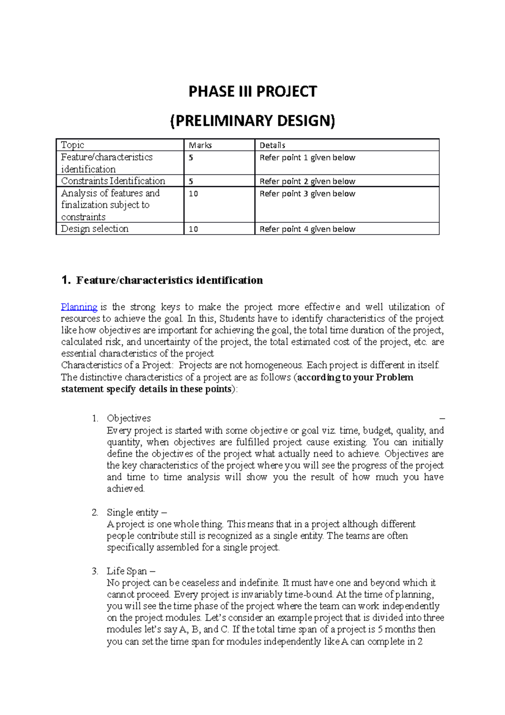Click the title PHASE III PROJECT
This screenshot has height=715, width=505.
(x=252, y=91)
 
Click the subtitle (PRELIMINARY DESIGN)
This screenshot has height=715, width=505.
(x=252, y=121)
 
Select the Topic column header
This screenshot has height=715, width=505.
(x=72, y=145)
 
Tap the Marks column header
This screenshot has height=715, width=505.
(x=200, y=145)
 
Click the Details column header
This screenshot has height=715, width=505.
(x=272, y=145)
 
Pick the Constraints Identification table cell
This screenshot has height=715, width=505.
(x=113, y=181)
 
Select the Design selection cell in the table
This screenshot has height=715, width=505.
(x=95, y=229)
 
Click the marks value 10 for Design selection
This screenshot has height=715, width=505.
(x=193, y=229)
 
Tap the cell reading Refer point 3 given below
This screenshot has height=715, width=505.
(x=307, y=194)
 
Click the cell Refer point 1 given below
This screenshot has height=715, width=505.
(x=307, y=157)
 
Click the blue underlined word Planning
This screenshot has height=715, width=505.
(x=79, y=307)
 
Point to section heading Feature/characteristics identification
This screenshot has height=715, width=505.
(x=169, y=280)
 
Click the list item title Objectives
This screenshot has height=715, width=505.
(x=129, y=418)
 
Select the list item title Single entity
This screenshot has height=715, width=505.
(x=133, y=512)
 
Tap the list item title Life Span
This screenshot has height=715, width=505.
(x=127, y=571)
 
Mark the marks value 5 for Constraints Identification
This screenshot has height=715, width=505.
(x=191, y=181)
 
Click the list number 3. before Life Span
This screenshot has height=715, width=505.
(x=95, y=571)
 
